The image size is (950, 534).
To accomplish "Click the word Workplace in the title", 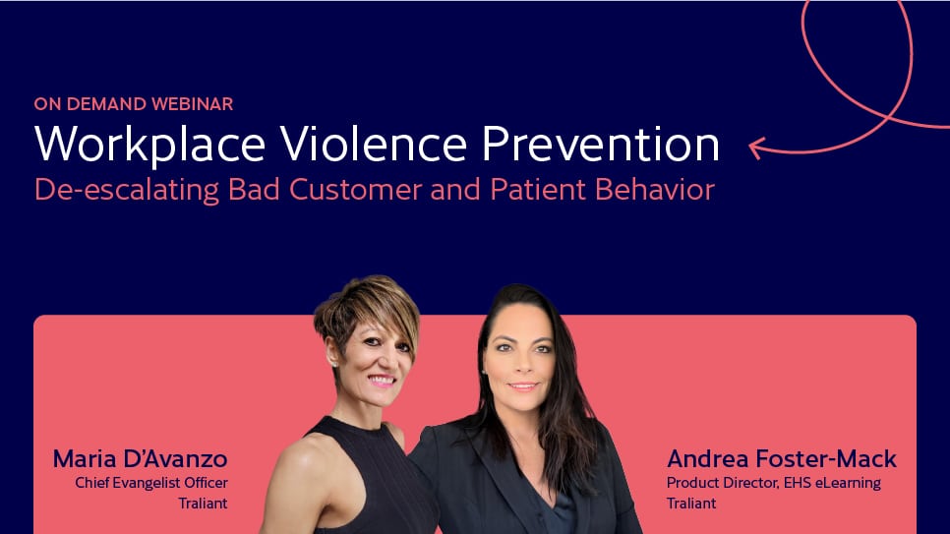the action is pyautogui.click(x=149, y=146).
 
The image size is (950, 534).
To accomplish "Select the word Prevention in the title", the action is pyautogui.click(x=601, y=144).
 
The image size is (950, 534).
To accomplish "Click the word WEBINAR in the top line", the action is pyautogui.click(x=192, y=103).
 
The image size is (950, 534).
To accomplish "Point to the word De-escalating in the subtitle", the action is pyautogui.click(x=127, y=190).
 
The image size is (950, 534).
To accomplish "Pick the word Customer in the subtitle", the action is pyautogui.click(x=356, y=190).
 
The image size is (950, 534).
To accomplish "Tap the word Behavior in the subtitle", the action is pyautogui.click(x=655, y=190).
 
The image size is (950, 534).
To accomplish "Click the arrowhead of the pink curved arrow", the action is pyautogui.click(x=755, y=148).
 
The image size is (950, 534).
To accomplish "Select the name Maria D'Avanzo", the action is pyautogui.click(x=140, y=459).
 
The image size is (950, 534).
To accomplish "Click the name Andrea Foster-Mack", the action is pyautogui.click(x=782, y=459).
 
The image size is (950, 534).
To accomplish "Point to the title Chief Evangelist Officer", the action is pyautogui.click(x=151, y=483).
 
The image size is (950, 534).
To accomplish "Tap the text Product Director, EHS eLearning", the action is pyautogui.click(x=774, y=483).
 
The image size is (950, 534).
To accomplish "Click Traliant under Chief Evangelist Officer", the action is pyautogui.click(x=203, y=504).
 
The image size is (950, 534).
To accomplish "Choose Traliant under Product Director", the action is pyautogui.click(x=691, y=504).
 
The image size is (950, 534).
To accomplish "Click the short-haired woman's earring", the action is pyautogui.click(x=333, y=364).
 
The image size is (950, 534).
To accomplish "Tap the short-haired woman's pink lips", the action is pyautogui.click(x=382, y=381).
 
